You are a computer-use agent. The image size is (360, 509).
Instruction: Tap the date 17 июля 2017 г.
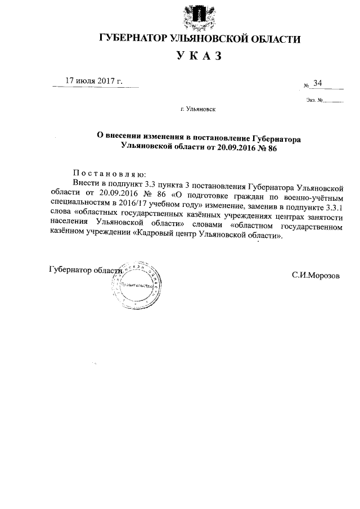(94, 81)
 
